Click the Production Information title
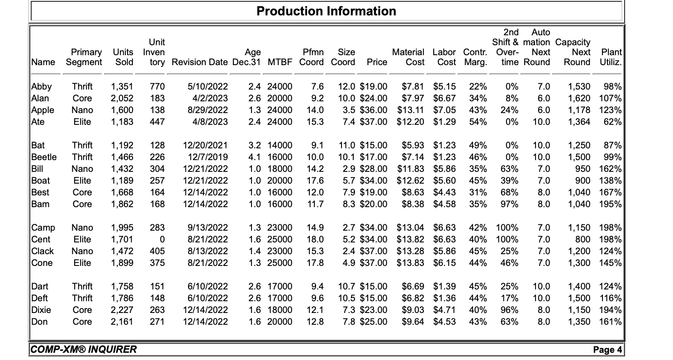[326, 11]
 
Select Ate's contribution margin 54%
[478, 122]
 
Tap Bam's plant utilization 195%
[611, 204]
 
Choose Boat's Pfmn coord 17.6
[316, 180]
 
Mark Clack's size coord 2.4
[346, 251]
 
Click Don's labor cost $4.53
[445, 322]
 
